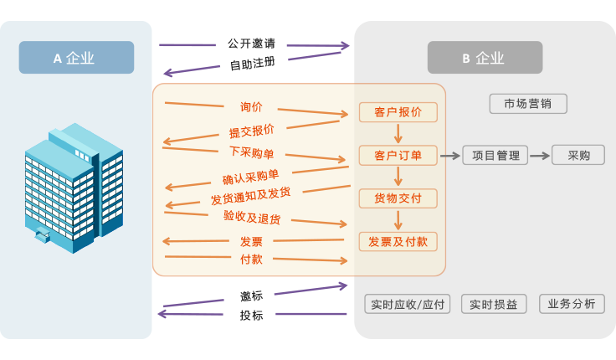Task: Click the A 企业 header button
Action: point(76,58)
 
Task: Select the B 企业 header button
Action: point(485,58)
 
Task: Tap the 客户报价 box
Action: point(398,112)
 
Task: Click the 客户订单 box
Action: point(398,155)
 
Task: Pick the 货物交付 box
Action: point(398,198)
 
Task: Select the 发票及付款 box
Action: point(398,241)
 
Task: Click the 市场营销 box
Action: point(528,104)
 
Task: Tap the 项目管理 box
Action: point(495,155)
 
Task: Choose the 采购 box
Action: point(579,155)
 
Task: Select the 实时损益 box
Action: point(494,304)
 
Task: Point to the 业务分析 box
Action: point(572,304)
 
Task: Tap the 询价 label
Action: point(251,107)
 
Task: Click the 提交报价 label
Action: point(252,131)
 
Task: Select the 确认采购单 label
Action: point(250,177)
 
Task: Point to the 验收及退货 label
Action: point(251,218)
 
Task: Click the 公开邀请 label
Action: point(251,43)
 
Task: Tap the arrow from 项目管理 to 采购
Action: point(540,155)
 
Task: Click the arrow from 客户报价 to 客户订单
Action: point(398,133)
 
